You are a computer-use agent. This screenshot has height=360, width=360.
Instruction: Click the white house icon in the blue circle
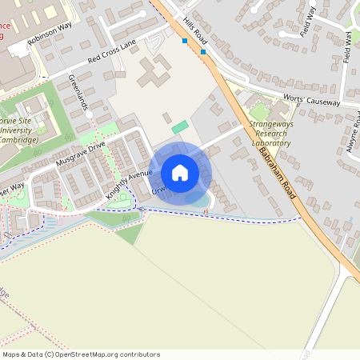click(x=180, y=172)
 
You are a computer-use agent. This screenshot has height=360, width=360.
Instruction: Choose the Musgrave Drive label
click(x=81, y=154)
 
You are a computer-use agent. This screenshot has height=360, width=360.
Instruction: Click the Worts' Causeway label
click(x=312, y=102)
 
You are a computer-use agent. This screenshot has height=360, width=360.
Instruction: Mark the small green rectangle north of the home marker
click(x=180, y=126)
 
